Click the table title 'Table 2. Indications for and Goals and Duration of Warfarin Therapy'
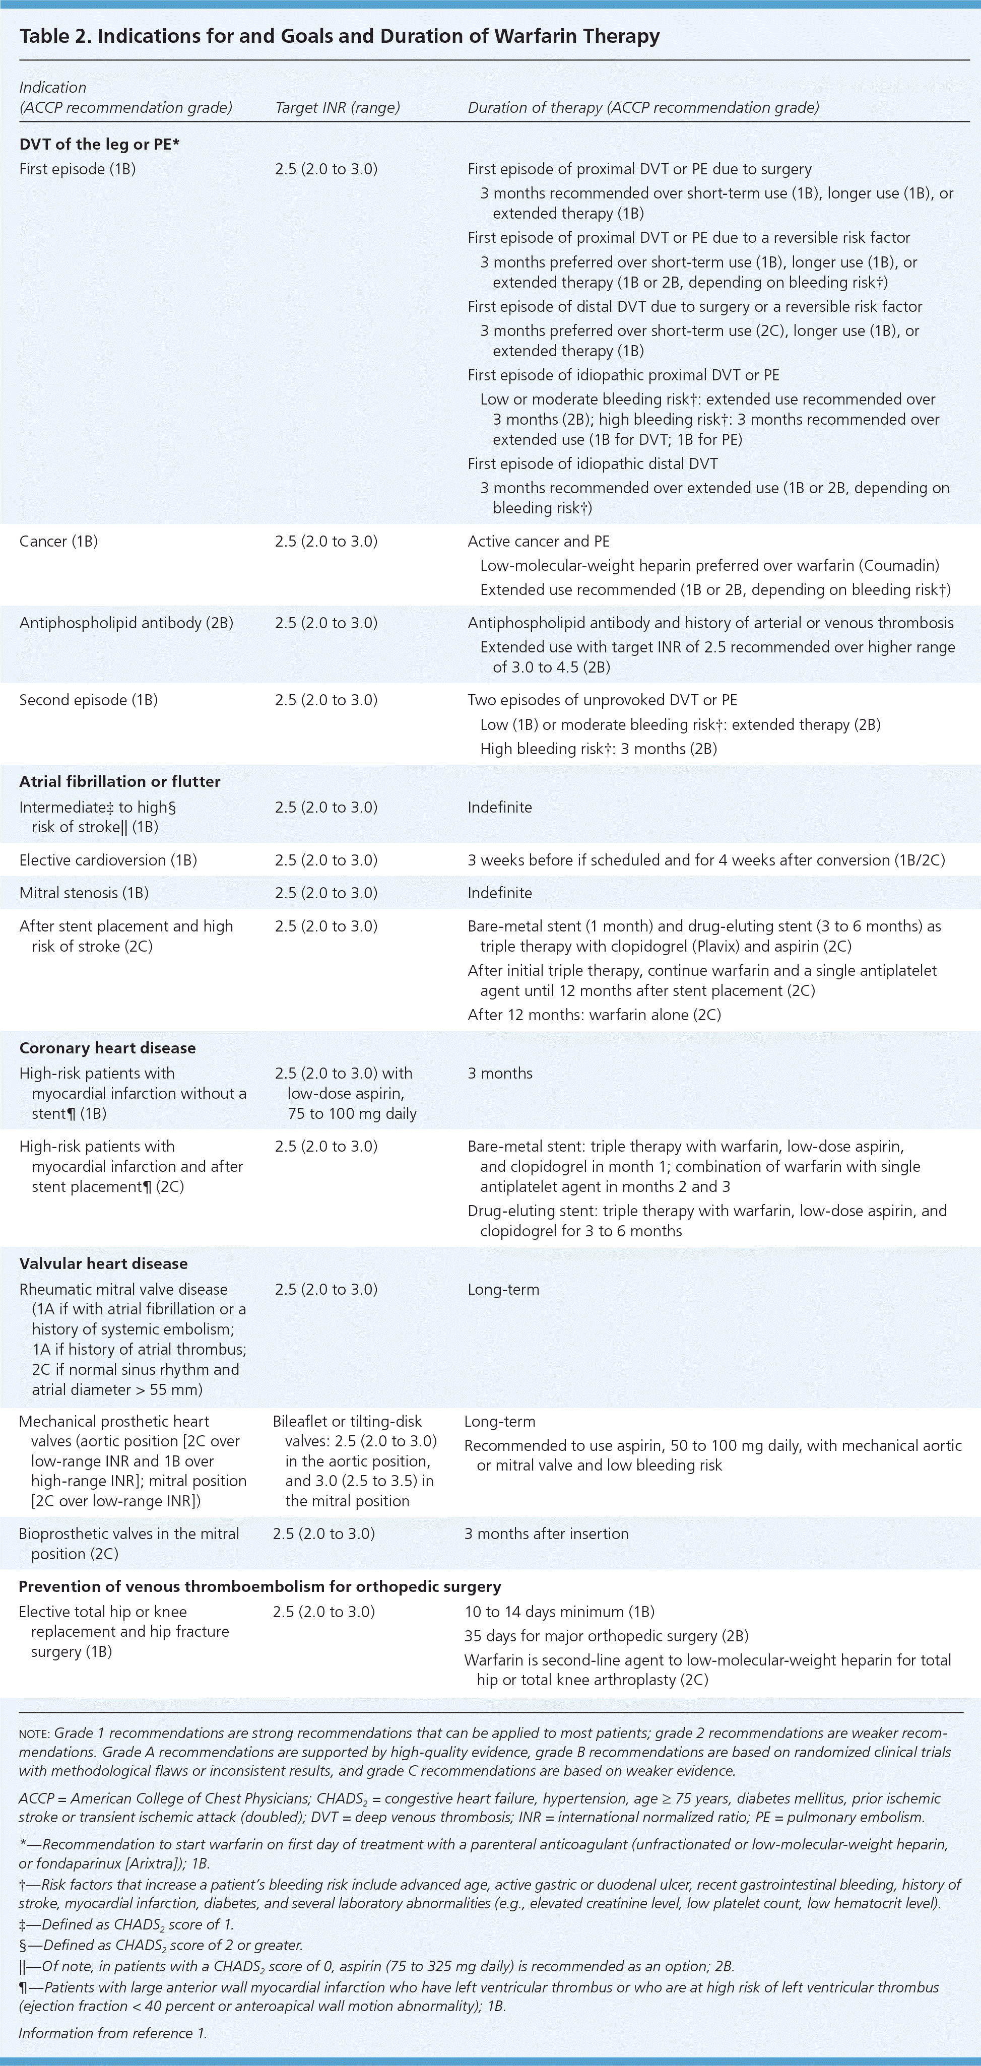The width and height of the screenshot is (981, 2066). pos(339,36)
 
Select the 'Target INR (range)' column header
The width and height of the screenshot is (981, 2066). pos(337,107)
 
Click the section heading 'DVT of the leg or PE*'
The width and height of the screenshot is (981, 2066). pos(99,145)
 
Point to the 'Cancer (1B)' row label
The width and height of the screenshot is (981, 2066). pos(58,542)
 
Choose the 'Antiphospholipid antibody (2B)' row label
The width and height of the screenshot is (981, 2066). pos(126,623)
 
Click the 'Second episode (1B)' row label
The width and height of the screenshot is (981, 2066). pos(88,700)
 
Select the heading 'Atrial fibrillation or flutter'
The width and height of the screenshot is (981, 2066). pos(119,781)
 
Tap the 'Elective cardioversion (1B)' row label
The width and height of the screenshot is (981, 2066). pos(107,860)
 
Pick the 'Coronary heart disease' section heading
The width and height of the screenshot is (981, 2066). pos(107,1048)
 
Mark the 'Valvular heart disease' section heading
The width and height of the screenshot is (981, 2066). pos(103,1263)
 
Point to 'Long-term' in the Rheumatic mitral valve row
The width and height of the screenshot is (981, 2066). pos(503,1290)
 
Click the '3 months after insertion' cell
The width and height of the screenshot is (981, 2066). pos(546,1534)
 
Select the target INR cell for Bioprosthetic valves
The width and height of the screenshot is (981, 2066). pos(324,1534)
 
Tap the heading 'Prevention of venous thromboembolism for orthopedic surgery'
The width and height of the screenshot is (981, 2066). pos(260,1586)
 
